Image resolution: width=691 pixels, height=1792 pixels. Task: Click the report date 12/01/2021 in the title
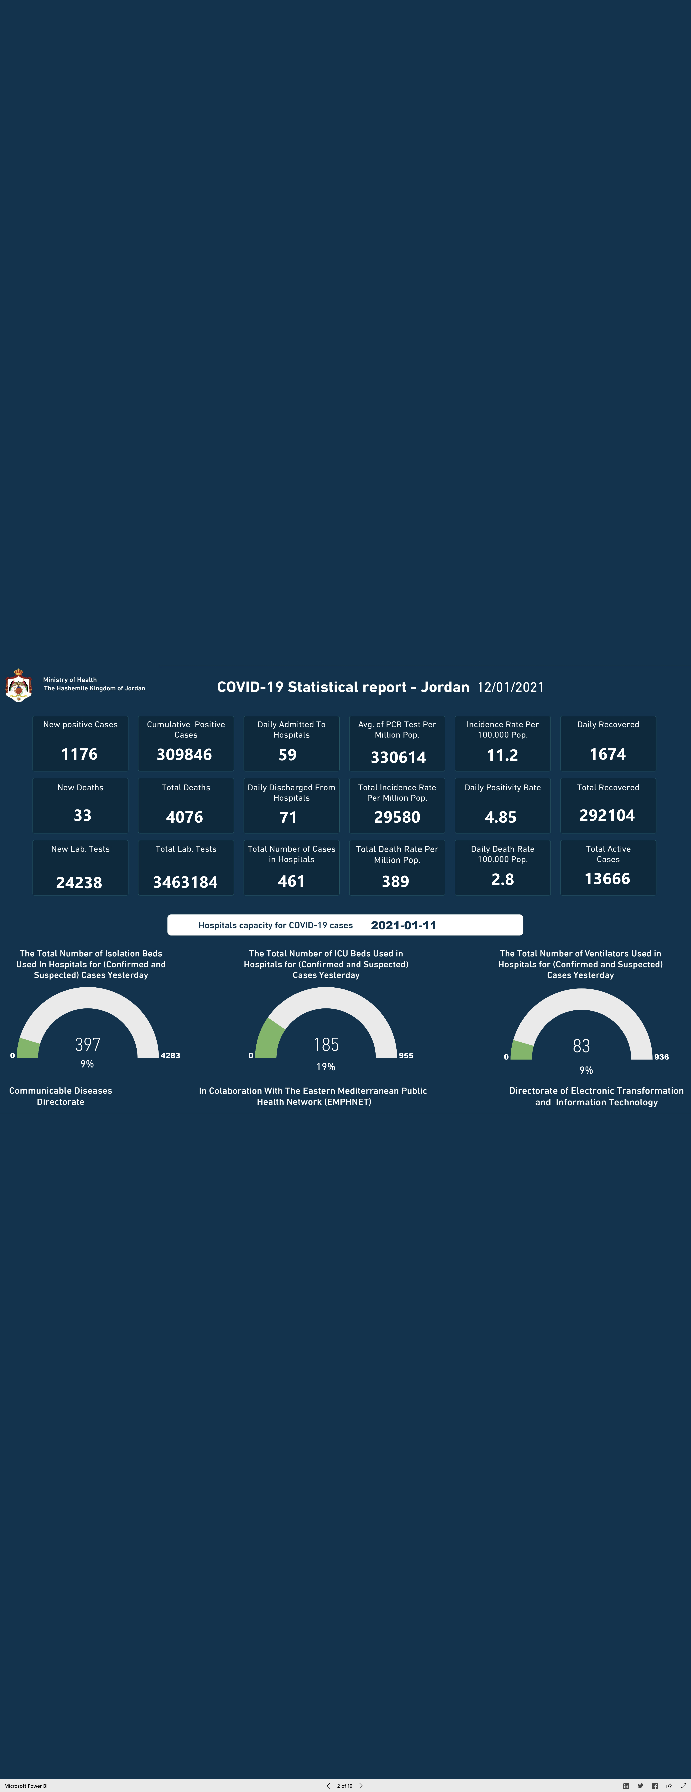(x=511, y=687)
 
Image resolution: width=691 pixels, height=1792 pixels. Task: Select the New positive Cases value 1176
(x=79, y=754)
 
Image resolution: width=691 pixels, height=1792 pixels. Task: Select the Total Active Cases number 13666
(x=608, y=879)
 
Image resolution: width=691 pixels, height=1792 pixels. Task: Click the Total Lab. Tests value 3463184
(x=185, y=882)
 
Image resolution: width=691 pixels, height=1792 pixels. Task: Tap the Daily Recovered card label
(x=608, y=724)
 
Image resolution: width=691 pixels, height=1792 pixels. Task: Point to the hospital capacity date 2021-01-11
(x=404, y=925)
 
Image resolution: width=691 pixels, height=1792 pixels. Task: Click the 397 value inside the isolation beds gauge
(x=88, y=1044)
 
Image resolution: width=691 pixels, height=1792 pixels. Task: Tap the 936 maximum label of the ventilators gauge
(x=662, y=1057)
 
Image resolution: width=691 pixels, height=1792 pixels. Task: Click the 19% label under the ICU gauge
(x=326, y=1066)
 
